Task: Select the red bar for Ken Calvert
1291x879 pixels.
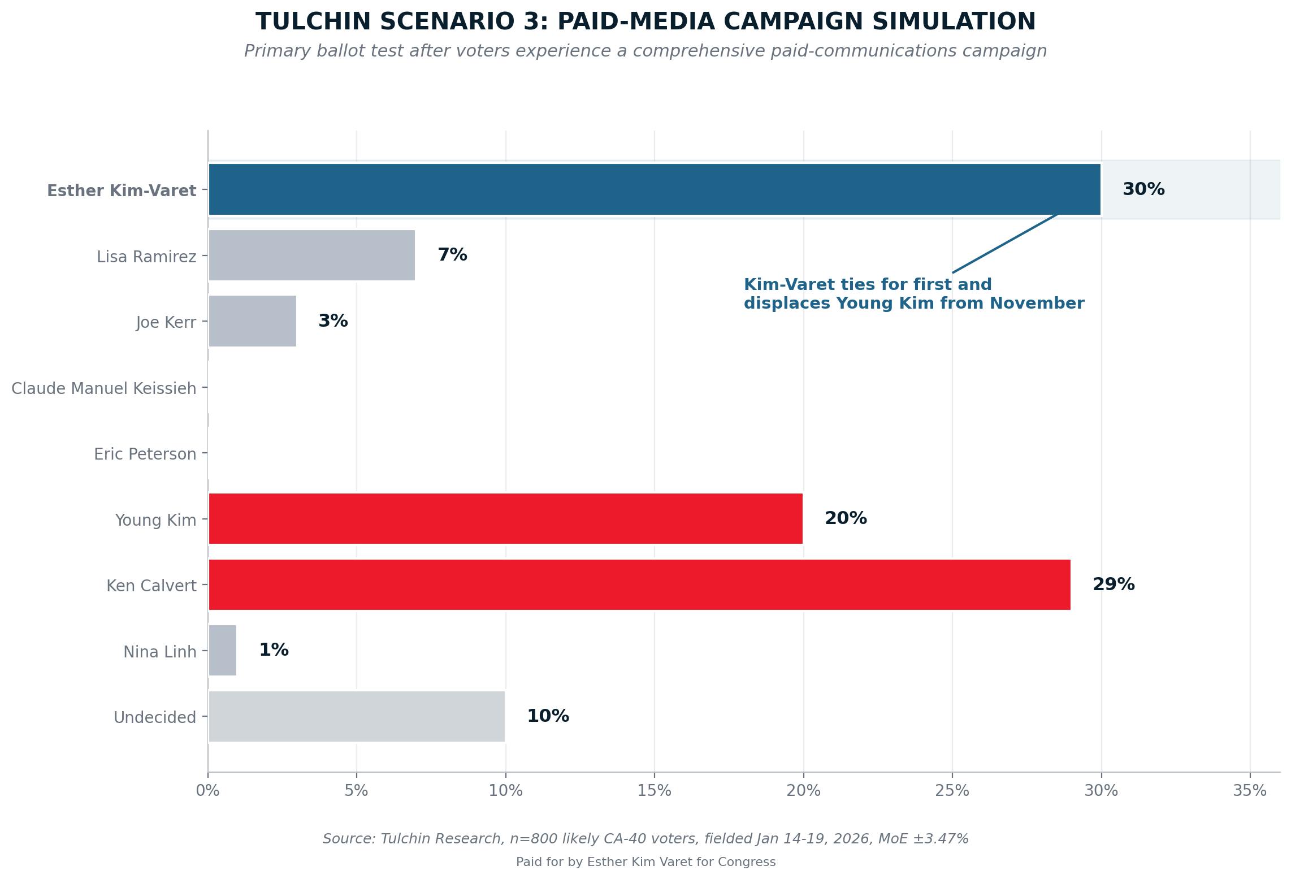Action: click(x=639, y=584)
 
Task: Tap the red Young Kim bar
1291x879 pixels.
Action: click(x=505, y=518)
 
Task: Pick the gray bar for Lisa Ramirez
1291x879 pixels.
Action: click(x=311, y=255)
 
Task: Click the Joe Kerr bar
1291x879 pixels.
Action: click(x=252, y=321)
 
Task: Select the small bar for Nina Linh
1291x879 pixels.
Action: click(x=222, y=650)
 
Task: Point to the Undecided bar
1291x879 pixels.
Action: click(x=356, y=716)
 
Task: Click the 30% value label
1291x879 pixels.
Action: click(x=1143, y=189)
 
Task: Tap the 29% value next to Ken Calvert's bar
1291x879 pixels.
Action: click(x=1113, y=584)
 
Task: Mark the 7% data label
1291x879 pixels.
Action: click(x=452, y=255)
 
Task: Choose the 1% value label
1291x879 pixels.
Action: click(x=274, y=650)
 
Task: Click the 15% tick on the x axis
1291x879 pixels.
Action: click(x=654, y=791)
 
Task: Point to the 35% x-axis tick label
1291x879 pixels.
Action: click(x=1249, y=791)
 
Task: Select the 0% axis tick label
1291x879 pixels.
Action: click(x=207, y=791)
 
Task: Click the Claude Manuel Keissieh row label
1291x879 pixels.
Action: click(x=104, y=389)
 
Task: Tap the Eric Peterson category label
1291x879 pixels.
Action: click(x=145, y=454)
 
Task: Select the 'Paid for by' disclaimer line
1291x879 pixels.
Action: click(x=645, y=862)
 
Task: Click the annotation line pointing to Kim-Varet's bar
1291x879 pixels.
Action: click(x=1004, y=244)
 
